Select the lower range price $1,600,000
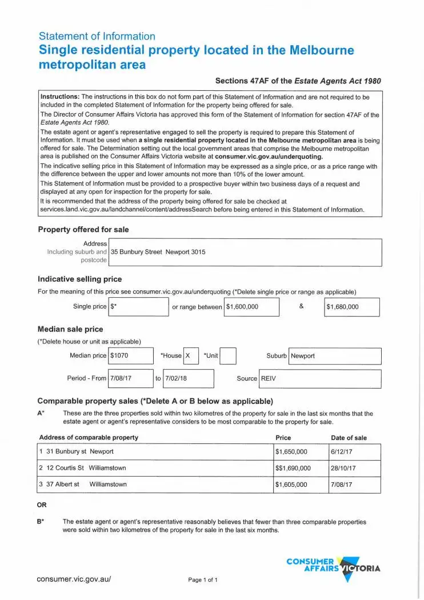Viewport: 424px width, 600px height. (242, 307)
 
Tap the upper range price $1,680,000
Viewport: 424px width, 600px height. (343, 307)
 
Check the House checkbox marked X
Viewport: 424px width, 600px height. (191, 356)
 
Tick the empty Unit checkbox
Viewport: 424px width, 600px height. (228, 356)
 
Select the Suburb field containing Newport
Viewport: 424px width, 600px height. (303, 356)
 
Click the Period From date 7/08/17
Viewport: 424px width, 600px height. (121, 378)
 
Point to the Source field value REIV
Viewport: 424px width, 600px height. (269, 378)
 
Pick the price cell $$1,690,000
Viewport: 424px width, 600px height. (293, 468)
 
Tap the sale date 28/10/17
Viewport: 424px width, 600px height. (343, 468)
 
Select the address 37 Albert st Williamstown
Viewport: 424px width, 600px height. (83, 485)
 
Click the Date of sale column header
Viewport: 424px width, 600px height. (349, 438)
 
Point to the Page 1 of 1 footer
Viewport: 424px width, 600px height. (203, 580)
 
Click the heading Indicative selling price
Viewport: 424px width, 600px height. (79, 279)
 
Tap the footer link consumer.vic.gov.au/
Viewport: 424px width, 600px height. (74, 579)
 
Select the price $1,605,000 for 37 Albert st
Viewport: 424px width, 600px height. (291, 485)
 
